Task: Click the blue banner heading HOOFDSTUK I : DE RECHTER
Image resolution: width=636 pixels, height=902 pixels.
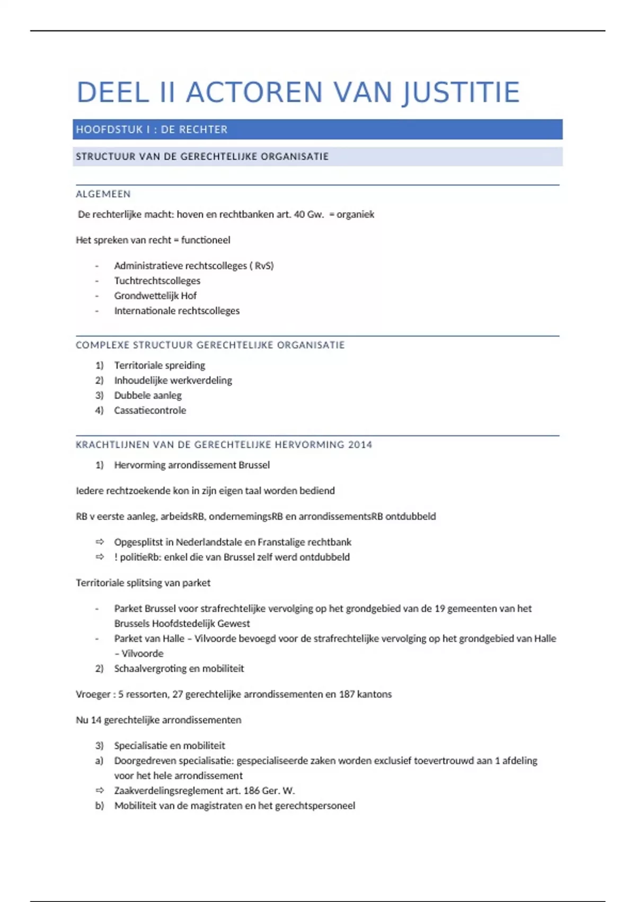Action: tap(152, 129)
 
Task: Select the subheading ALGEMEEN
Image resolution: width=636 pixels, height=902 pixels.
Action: tap(103, 194)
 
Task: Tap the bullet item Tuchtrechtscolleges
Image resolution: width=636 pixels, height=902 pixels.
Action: tap(157, 281)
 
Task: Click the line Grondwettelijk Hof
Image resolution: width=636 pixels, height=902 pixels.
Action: tap(155, 296)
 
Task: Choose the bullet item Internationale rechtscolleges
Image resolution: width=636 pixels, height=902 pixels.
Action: tap(176, 311)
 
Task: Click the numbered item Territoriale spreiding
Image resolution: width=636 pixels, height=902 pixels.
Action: tap(160, 366)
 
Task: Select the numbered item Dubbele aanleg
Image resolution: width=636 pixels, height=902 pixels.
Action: tap(148, 395)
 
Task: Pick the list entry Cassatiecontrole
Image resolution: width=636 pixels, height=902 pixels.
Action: tap(150, 410)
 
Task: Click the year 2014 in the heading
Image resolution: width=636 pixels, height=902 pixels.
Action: tap(360, 445)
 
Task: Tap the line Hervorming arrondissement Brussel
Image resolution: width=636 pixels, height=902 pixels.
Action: tap(192, 465)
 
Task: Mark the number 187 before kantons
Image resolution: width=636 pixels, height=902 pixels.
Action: tap(347, 695)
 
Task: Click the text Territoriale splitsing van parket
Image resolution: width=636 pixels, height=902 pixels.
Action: tap(143, 583)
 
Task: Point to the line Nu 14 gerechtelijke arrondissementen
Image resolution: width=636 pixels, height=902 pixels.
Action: tap(158, 720)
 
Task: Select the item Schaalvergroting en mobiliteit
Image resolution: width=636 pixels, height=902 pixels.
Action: tap(179, 669)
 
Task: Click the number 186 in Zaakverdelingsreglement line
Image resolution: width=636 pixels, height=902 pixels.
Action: tap(251, 791)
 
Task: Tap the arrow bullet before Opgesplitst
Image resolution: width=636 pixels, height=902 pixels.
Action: tap(100, 542)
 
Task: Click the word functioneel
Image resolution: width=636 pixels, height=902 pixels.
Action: tap(206, 240)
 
